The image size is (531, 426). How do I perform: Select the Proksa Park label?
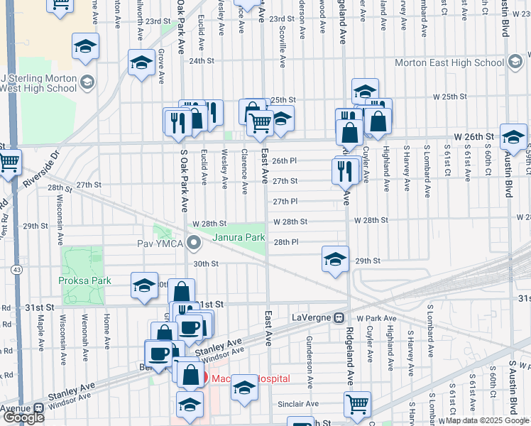pyautogui.click(x=84, y=280)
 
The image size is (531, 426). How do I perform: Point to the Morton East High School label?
pyautogui.click(x=459, y=62)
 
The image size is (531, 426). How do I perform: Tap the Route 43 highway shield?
pyautogui.click(x=16, y=271)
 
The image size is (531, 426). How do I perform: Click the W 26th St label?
pyautogui.click(x=473, y=136)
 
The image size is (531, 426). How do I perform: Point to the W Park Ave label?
pyautogui.click(x=374, y=317)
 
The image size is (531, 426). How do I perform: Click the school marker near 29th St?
pyautogui.click(x=335, y=258)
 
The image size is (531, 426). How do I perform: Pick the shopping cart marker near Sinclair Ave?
pyautogui.click(x=357, y=403)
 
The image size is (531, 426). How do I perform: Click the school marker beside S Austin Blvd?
pyautogui.click(x=513, y=136)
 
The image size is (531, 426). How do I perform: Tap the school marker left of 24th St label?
pyautogui.click(x=142, y=62)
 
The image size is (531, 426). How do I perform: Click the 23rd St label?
pyautogui.click(x=281, y=19)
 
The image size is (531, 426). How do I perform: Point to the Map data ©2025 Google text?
pyautogui.click(x=487, y=420)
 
